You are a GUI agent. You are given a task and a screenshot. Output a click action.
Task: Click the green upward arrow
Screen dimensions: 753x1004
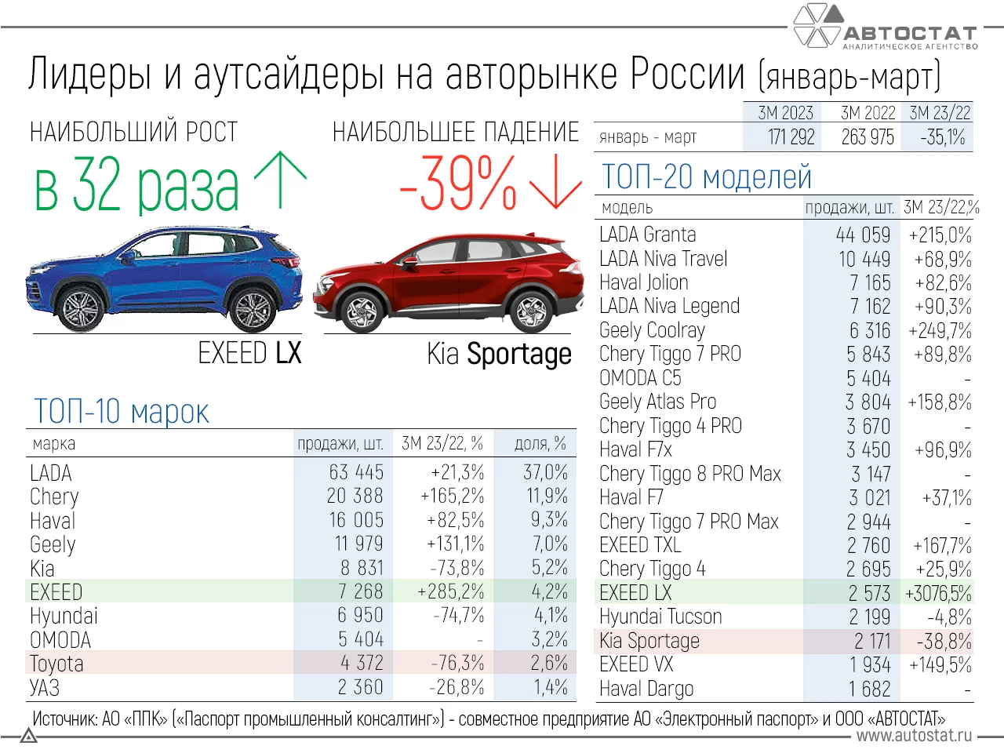[280, 180]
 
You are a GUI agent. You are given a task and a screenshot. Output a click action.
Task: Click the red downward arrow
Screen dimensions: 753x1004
[555, 182]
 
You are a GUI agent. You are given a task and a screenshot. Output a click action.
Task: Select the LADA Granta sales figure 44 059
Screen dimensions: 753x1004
[863, 235]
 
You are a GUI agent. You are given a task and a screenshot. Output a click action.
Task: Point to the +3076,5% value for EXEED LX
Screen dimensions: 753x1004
[938, 593]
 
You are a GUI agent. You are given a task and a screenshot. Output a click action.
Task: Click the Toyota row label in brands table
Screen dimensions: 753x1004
[56, 664]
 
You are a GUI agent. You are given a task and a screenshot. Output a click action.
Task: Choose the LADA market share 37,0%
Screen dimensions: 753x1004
[545, 473]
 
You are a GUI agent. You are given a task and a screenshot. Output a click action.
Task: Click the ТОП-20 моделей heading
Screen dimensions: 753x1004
[706, 177]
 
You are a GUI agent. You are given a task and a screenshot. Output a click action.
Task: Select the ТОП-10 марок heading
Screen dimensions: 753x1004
[122, 411]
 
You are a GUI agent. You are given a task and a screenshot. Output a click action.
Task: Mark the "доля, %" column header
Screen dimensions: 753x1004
[540, 444]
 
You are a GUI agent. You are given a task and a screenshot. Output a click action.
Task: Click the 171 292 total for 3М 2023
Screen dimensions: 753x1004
[791, 137]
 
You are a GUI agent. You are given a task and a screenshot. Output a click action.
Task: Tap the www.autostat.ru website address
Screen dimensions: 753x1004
[914, 736]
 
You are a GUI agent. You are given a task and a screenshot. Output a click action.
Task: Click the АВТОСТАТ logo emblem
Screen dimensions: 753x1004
[818, 25]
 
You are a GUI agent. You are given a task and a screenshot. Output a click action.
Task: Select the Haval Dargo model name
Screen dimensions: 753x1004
[646, 689]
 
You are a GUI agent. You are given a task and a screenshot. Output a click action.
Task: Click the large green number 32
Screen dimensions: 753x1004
[100, 186]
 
